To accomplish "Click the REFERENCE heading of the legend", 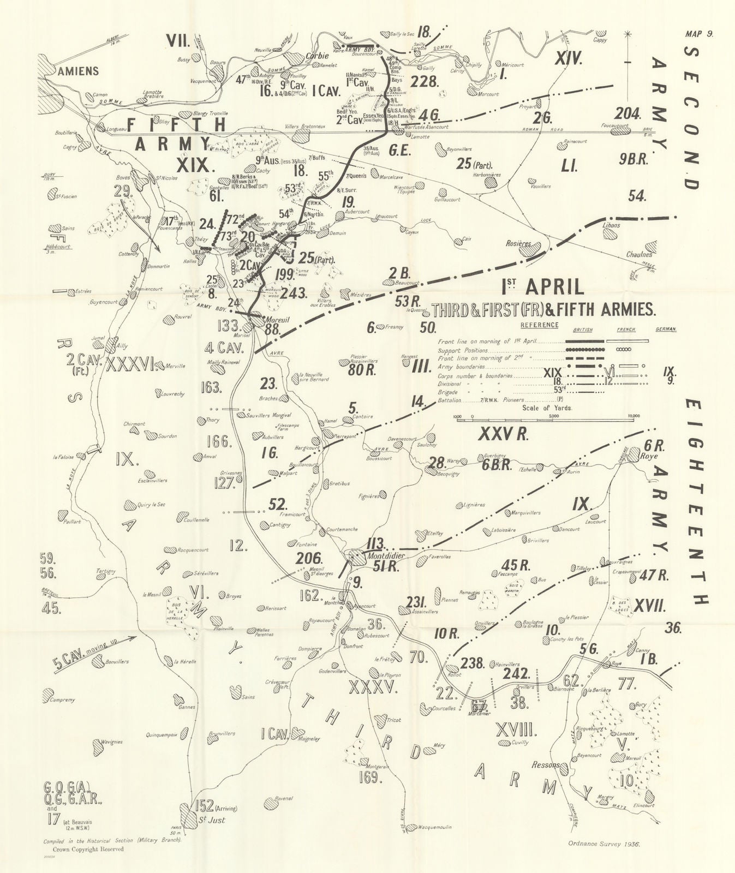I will (x=539, y=325).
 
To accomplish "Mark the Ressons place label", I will (x=545, y=764).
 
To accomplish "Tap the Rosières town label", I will (x=519, y=244).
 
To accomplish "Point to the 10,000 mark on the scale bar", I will (x=634, y=416).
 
